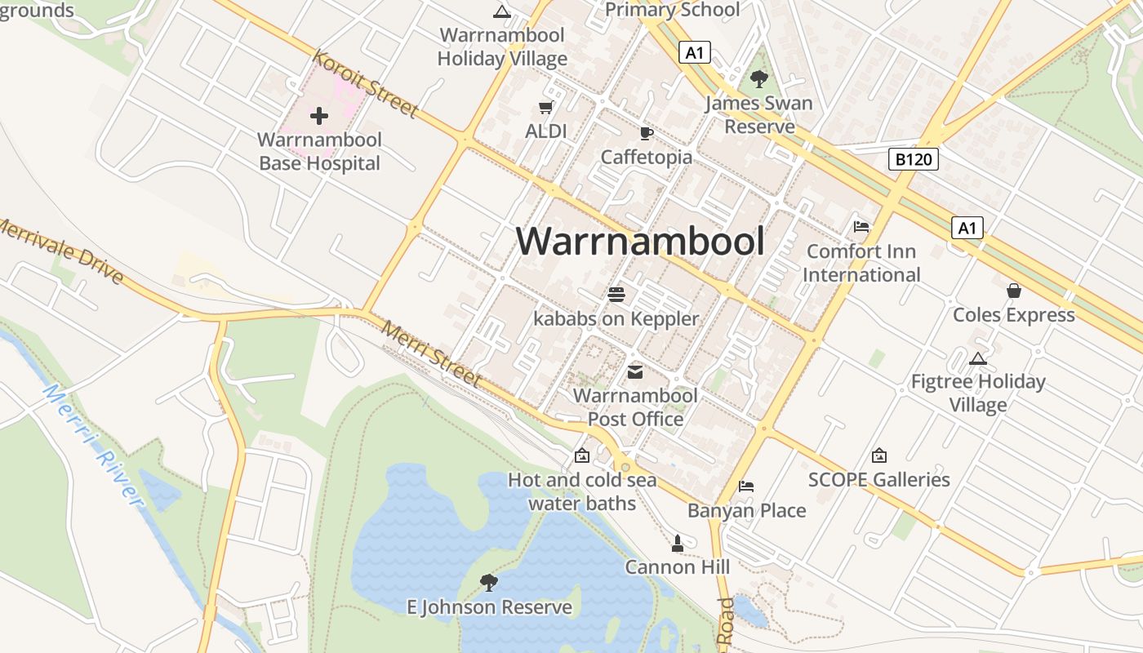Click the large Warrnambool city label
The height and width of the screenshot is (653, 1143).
pos(641,242)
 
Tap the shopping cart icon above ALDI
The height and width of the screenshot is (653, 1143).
pos(546,108)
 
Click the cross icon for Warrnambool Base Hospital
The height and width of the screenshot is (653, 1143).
pos(319,116)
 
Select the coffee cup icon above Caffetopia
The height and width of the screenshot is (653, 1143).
pos(646,133)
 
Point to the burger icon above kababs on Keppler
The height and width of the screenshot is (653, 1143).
pos(616,295)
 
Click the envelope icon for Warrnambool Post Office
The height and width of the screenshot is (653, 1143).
pos(634,373)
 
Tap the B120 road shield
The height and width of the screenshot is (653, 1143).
pos(913,159)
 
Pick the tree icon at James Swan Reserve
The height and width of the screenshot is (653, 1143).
pos(759,79)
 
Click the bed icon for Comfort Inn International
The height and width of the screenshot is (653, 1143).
pos(861,226)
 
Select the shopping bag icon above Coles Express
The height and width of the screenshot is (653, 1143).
pos(1013,291)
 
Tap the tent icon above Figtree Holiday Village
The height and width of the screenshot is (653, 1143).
pos(977,358)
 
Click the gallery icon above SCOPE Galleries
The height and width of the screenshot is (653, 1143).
pos(878,455)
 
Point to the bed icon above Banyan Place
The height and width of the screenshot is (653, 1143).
pos(745,486)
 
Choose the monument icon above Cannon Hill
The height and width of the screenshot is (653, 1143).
pos(677,543)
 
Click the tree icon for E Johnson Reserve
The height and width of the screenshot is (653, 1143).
pos(489,582)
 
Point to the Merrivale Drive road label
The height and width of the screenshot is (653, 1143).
pos(61,251)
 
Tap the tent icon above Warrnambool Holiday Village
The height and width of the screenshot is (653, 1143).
pos(501,11)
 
